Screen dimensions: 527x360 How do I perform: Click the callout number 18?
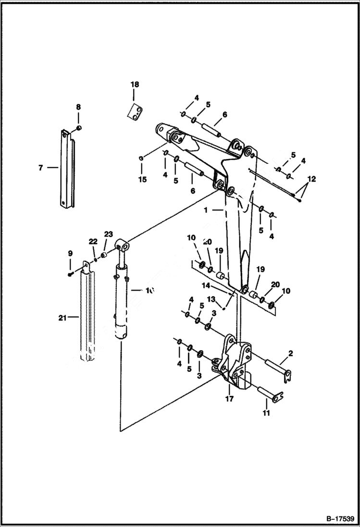[x=135, y=85]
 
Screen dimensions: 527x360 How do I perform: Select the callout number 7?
[x=40, y=168]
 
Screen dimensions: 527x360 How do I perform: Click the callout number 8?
[x=78, y=107]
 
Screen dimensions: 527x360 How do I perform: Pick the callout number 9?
[x=70, y=253]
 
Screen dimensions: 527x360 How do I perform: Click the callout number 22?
[x=93, y=241]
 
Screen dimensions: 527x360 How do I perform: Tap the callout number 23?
[x=108, y=234]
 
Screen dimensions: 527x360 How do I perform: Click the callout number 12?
[x=312, y=179]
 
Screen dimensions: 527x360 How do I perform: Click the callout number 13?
[x=211, y=299]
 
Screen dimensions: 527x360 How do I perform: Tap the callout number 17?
[x=229, y=398]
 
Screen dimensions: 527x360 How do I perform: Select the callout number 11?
[x=266, y=413]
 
